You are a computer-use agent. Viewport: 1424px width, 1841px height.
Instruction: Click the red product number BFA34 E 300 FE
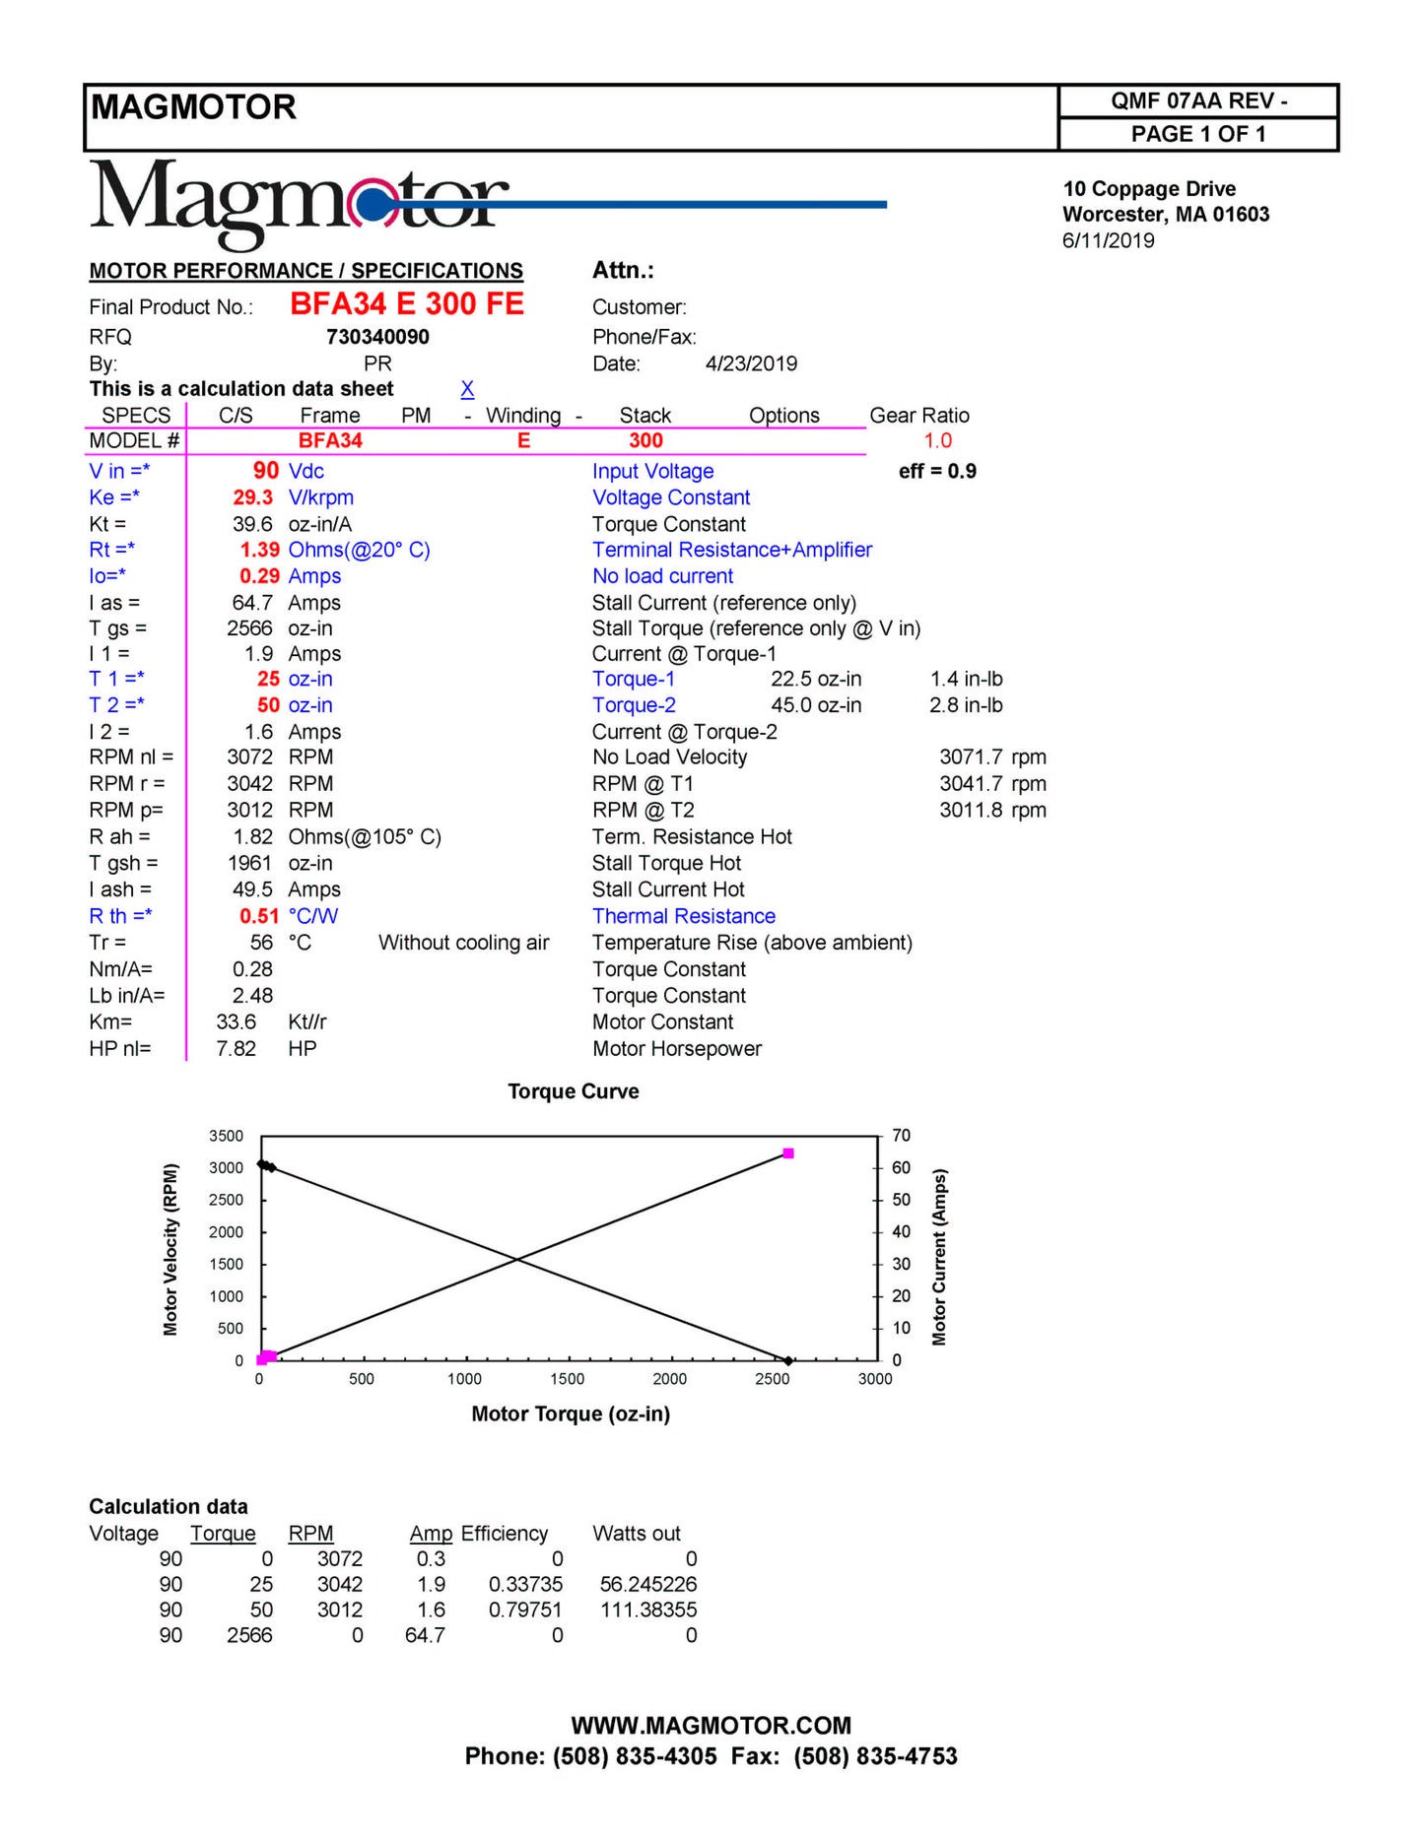coord(407,304)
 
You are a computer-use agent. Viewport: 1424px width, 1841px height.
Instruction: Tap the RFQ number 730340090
coord(377,337)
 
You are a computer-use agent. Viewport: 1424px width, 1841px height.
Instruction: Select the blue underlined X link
coord(467,389)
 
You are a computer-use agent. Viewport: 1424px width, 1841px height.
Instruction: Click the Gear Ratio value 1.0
coord(937,441)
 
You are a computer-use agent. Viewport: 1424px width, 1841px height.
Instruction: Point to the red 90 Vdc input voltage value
coord(266,471)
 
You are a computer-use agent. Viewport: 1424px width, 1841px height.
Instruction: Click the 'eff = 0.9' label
coord(936,471)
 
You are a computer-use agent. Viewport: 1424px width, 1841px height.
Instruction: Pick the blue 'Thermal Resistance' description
coord(683,916)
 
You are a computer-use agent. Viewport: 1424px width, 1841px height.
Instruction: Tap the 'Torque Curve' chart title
coord(573,1091)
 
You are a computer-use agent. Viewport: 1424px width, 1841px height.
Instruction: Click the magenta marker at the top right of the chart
coord(787,1153)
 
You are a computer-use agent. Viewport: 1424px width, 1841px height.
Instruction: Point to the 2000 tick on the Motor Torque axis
coord(669,1379)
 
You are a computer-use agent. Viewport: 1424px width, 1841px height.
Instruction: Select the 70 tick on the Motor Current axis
coord(901,1136)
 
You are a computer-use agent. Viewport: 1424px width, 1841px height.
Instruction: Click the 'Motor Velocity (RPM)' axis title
coord(170,1249)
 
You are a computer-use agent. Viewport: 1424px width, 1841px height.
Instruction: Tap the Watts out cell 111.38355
coord(647,1610)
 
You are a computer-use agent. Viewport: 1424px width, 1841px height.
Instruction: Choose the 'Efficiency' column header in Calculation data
coord(504,1534)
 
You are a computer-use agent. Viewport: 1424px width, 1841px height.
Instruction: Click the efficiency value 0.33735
coord(525,1584)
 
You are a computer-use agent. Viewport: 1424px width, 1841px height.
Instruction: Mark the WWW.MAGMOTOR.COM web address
coord(711,1726)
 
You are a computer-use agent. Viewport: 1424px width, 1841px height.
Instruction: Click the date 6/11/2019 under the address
coord(1108,240)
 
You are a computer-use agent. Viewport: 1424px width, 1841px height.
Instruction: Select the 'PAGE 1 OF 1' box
coord(1197,134)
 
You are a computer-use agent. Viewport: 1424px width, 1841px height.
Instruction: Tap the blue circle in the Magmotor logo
coord(372,205)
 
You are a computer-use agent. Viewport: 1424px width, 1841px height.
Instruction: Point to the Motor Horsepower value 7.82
coord(236,1049)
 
